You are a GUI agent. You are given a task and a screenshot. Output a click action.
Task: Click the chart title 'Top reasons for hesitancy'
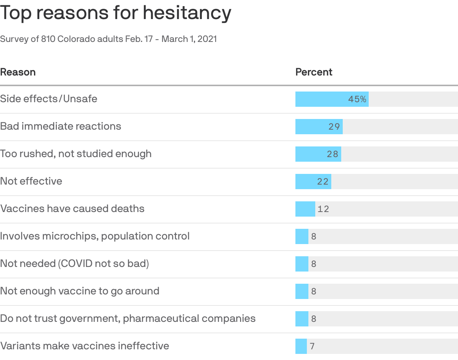tap(116, 13)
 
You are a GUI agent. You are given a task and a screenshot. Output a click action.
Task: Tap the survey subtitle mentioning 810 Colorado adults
tap(108, 39)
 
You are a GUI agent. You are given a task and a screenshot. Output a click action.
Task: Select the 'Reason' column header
tap(18, 72)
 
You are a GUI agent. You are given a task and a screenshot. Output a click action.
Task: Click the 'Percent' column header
tap(314, 72)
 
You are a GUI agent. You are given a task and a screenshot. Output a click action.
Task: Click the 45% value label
tap(357, 99)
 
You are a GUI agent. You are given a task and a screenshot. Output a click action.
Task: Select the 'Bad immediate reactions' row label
tap(61, 126)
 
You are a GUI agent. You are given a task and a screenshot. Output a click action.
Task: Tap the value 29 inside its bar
tap(334, 127)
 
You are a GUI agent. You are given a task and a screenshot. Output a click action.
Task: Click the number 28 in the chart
tap(332, 154)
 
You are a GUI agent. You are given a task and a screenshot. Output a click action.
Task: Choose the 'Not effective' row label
tap(31, 181)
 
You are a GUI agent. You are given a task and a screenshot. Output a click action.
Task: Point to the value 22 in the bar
tap(323, 182)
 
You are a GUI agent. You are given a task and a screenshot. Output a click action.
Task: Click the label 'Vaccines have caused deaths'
tap(72, 209)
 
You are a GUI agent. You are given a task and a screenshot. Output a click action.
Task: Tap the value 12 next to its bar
tap(323, 209)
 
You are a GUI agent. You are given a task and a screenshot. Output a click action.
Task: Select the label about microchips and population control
tap(95, 236)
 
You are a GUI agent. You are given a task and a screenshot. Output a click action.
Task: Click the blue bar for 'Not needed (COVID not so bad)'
tap(302, 264)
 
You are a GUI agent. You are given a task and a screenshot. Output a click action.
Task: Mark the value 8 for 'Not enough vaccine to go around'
tap(314, 291)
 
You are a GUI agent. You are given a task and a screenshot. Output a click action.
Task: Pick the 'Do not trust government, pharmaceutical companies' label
tap(128, 318)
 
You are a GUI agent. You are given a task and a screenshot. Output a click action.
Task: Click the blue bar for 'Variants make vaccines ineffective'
tap(301, 346)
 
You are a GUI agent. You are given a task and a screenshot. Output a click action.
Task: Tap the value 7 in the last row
tap(312, 346)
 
